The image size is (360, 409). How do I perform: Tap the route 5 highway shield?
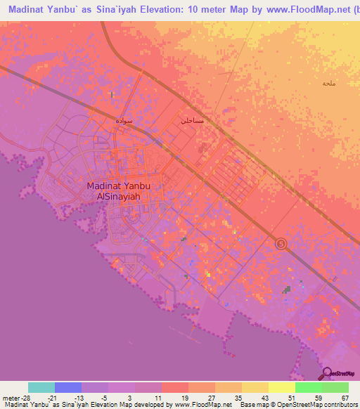pos(281,243)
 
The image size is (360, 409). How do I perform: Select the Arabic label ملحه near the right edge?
pos(328,83)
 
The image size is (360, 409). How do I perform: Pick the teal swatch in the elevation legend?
pos(41,387)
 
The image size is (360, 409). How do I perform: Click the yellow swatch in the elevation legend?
pos(255,387)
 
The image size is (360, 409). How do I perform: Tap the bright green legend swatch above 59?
pos(309,387)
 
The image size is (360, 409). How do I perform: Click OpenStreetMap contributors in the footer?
pos(321,405)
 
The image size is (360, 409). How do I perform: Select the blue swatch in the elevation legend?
pos(68,387)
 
